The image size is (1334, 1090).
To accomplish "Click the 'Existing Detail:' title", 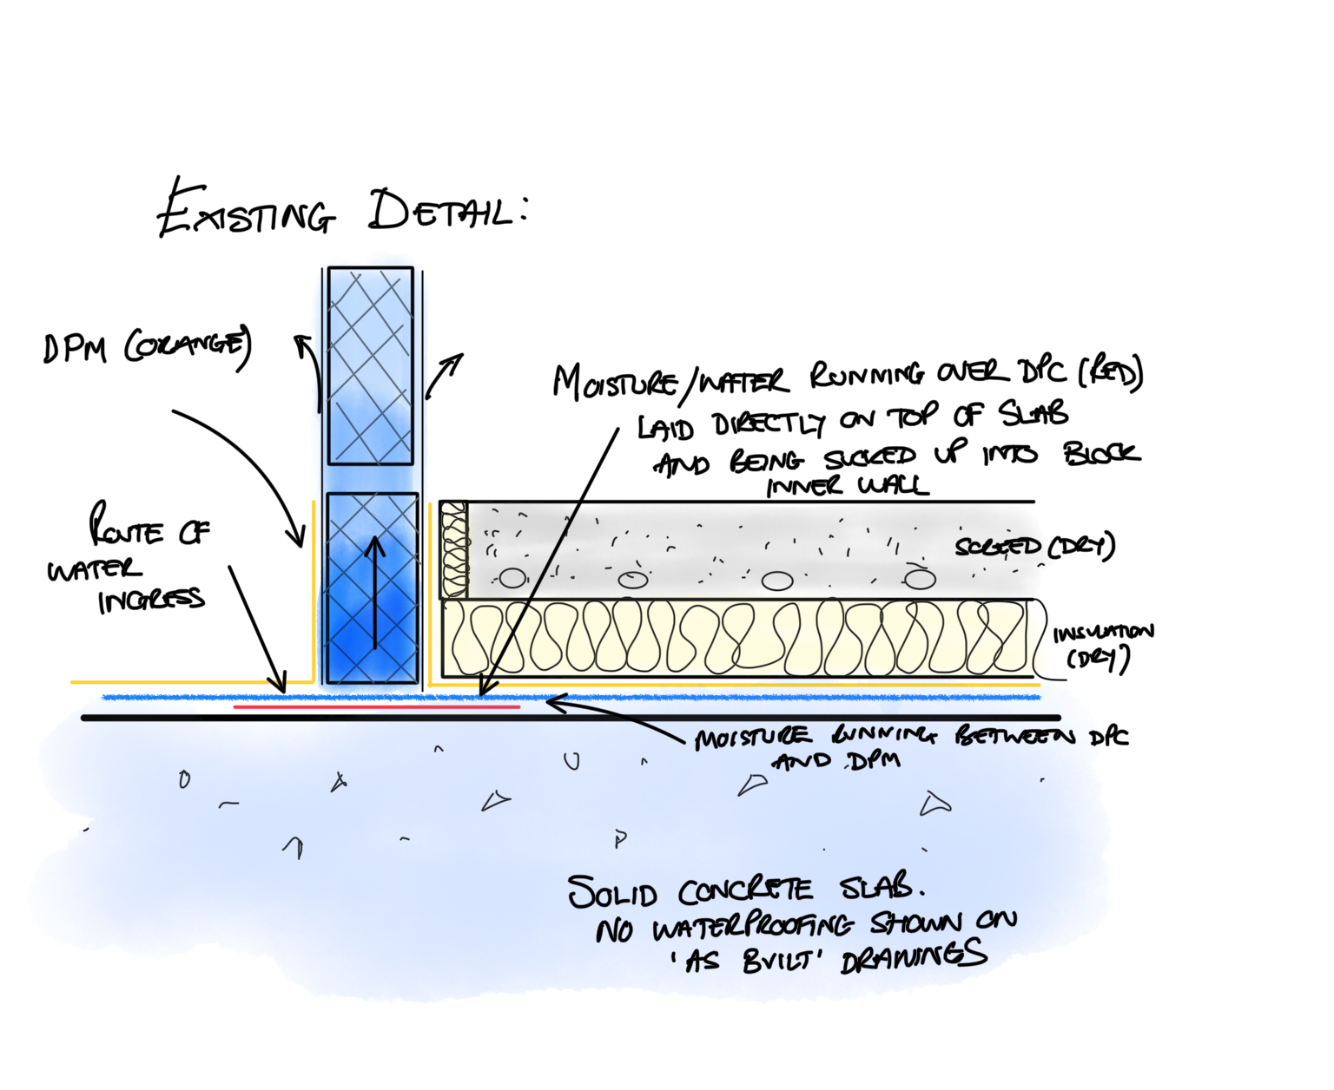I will click(x=343, y=211).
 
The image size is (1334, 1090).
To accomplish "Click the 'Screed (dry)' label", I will click(x=1034, y=547).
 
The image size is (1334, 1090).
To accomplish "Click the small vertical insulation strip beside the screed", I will click(x=453, y=549).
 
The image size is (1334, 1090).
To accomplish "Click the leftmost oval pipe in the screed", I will click(x=512, y=578).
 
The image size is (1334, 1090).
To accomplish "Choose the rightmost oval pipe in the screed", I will click(x=919, y=578).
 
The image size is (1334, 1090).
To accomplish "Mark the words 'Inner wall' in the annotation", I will click(x=847, y=485).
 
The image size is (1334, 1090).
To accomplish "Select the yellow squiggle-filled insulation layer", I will click(x=738, y=639).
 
